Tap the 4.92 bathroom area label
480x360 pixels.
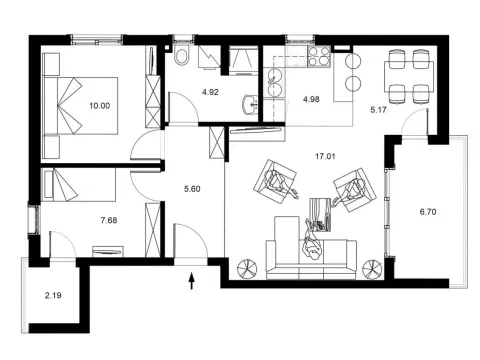tap(211, 92)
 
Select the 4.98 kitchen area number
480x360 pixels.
tap(310, 98)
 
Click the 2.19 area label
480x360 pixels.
tap(55, 297)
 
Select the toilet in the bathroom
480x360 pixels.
tap(183, 55)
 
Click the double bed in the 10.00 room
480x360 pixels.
tap(80, 101)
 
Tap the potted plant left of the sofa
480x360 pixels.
tap(246, 267)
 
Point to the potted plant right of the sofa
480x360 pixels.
tap(374, 267)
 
